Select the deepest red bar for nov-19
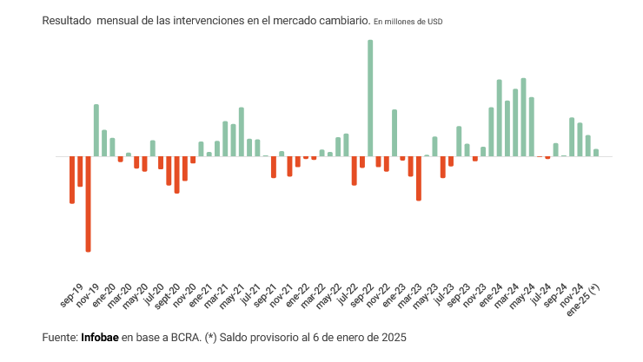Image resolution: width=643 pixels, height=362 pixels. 88,204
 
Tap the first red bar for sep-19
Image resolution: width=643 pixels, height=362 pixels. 72,180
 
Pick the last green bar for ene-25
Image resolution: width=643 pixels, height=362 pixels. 596,153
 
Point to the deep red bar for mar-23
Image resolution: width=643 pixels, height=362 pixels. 418,178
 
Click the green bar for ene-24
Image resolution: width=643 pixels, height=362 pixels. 500,118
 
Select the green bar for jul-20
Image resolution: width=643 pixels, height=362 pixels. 152,148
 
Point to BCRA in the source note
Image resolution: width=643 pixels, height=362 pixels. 182,336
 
